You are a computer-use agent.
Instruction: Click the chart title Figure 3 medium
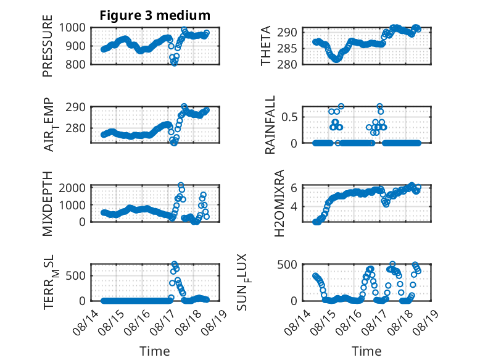pyautogui.click(x=155, y=15)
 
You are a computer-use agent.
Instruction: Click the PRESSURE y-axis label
pyautogui.click(x=48, y=46)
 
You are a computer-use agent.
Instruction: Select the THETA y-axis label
pyautogui.click(x=266, y=46)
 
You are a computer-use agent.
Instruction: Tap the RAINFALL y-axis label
pyautogui.click(x=270, y=124)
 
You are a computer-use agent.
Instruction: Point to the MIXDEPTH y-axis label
pyautogui.click(x=48, y=204)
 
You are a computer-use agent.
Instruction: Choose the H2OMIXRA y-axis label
pyautogui.click(x=279, y=203)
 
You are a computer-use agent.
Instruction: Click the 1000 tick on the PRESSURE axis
pyautogui.click(x=72, y=28)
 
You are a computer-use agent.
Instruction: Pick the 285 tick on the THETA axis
pyautogui.click(x=287, y=48)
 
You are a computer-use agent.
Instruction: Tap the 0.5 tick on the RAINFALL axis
pyautogui.click(x=289, y=117)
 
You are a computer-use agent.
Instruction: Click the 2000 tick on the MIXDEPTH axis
pyautogui.click(x=72, y=188)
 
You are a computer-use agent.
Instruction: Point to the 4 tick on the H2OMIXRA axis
pyautogui.click(x=294, y=206)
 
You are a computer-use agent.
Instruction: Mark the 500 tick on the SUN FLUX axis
pyautogui.click(x=287, y=264)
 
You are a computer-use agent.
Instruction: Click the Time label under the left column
pyautogui.click(x=155, y=351)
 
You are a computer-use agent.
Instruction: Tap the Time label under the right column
pyautogui.click(x=366, y=351)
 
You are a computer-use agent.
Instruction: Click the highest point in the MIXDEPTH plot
pyautogui.click(x=181, y=185)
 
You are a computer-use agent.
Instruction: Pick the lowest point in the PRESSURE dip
pyautogui.click(x=174, y=63)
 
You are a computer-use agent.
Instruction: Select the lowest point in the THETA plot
pyautogui.click(x=336, y=59)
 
